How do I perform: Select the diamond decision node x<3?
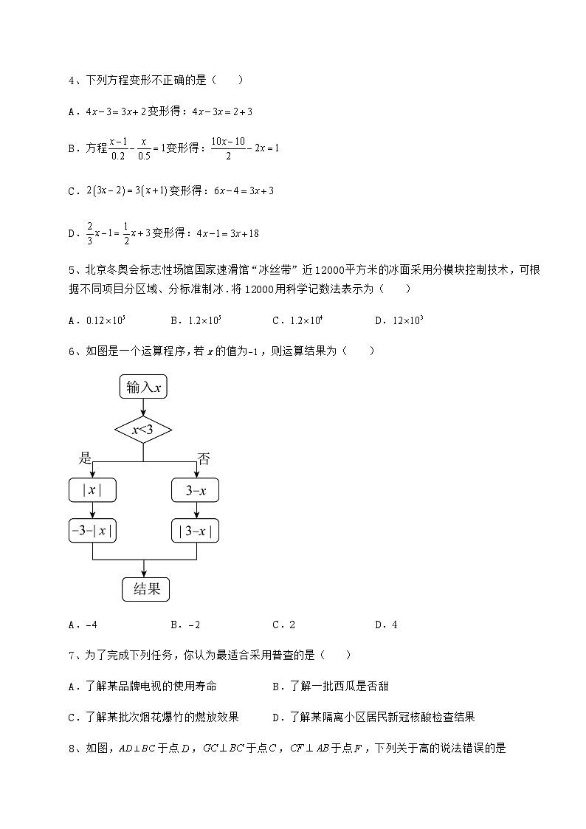coord(143,430)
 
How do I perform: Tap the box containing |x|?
coord(92,489)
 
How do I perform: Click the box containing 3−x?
coord(196,489)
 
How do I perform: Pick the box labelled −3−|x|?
coord(92,530)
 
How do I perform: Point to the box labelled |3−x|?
coord(196,530)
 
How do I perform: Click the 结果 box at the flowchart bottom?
coord(145,588)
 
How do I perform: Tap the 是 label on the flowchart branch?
coord(86,458)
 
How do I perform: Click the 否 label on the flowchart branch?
coord(204,458)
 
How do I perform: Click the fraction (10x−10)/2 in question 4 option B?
coord(228,148)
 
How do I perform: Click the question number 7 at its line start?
coord(72,655)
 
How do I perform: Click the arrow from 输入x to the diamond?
coord(143,407)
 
